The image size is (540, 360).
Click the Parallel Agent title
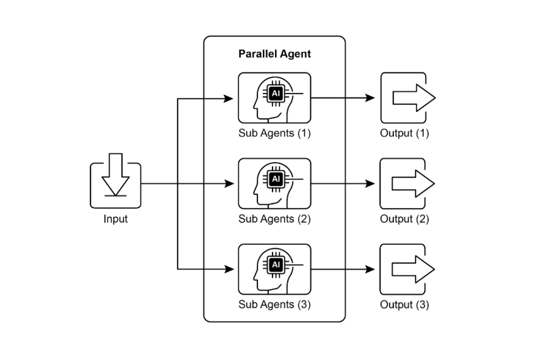click(x=274, y=54)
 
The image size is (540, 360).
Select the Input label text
click(x=115, y=219)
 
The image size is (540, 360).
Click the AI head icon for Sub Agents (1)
click(x=274, y=97)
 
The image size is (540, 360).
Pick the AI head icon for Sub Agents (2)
click(x=274, y=183)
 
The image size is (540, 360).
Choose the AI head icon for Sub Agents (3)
click(x=274, y=269)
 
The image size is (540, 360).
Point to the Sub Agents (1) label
click(x=274, y=133)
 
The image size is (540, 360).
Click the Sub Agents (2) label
click(x=274, y=219)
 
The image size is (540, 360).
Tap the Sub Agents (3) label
click(x=274, y=304)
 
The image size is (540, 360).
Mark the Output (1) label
click(x=405, y=133)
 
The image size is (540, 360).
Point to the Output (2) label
click(x=405, y=219)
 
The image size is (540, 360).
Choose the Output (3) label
click(x=405, y=304)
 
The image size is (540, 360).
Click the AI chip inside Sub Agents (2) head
click(x=275, y=179)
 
